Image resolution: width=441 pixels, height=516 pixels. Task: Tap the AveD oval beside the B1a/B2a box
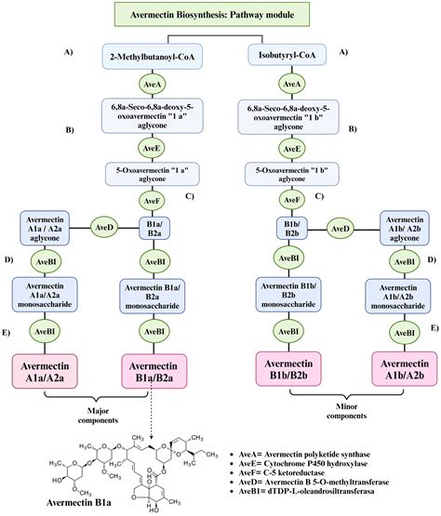(x=103, y=225)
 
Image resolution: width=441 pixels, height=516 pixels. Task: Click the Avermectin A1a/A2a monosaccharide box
(x=47, y=295)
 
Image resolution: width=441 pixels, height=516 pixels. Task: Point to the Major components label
(x=102, y=412)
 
